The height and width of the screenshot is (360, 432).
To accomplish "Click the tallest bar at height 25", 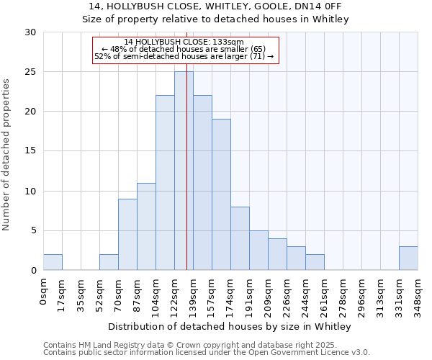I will pos(184,171).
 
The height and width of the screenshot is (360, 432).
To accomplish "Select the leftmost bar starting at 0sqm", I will pos(53,262).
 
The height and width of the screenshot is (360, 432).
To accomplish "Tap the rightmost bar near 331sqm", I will pos(408,258).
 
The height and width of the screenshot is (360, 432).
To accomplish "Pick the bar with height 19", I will pos(221,194).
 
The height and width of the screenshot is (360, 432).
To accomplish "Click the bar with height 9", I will pos(127,234).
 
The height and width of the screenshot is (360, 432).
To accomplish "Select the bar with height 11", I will pos(146,226).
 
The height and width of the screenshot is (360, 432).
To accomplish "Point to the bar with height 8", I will pos(240,238).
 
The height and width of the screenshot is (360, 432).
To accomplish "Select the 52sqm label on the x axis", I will pos(99,294).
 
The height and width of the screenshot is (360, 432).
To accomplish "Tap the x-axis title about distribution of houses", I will pos(230,327).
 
